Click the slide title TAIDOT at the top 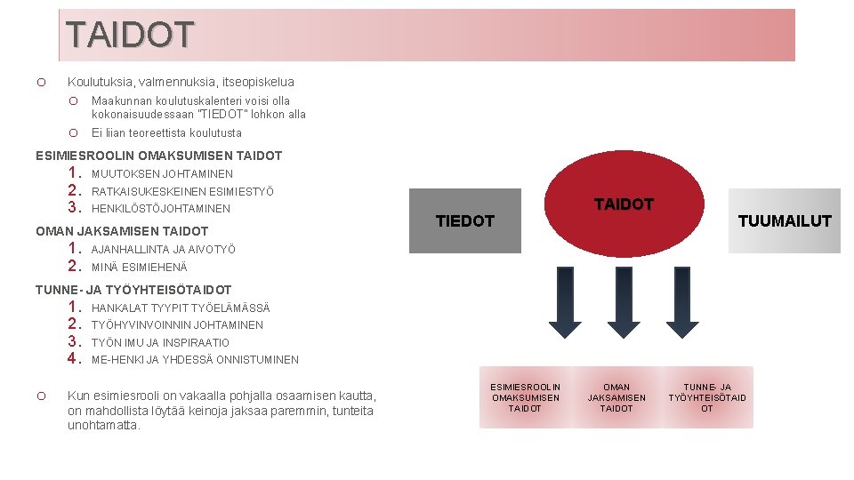[x=130, y=35]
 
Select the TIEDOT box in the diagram [x=465, y=220]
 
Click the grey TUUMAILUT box [x=784, y=221]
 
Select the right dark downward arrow [x=668, y=302]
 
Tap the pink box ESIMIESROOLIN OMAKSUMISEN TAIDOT [x=526, y=397]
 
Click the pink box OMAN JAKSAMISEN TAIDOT [x=616, y=397]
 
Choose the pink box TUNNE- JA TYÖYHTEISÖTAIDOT [x=707, y=397]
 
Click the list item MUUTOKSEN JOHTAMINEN [x=162, y=174]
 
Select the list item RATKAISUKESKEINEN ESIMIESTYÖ [x=182, y=191]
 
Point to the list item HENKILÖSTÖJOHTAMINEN [x=160, y=209]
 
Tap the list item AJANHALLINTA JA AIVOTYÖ [x=164, y=250]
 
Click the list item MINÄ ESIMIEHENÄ [x=140, y=268]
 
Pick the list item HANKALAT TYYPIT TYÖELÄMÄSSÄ [x=181, y=308]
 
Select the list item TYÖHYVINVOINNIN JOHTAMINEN [x=177, y=325]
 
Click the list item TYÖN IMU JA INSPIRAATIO [x=160, y=343]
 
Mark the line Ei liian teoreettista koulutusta [x=166, y=133]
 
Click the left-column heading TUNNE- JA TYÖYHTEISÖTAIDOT [x=133, y=290]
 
